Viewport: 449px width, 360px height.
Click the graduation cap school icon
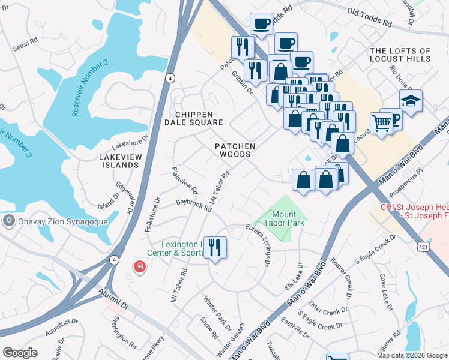[x=411, y=100]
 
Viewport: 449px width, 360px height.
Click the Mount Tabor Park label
[x=288, y=218]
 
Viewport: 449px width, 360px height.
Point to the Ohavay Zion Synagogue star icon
[x=8, y=221]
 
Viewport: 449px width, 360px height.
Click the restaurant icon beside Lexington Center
[x=215, y=247]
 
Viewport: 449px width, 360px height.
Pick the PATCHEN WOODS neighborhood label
[x=236, y=150]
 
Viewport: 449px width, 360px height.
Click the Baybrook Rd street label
[x=194, y=206]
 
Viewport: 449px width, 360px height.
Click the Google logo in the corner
[x=20, y=352]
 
